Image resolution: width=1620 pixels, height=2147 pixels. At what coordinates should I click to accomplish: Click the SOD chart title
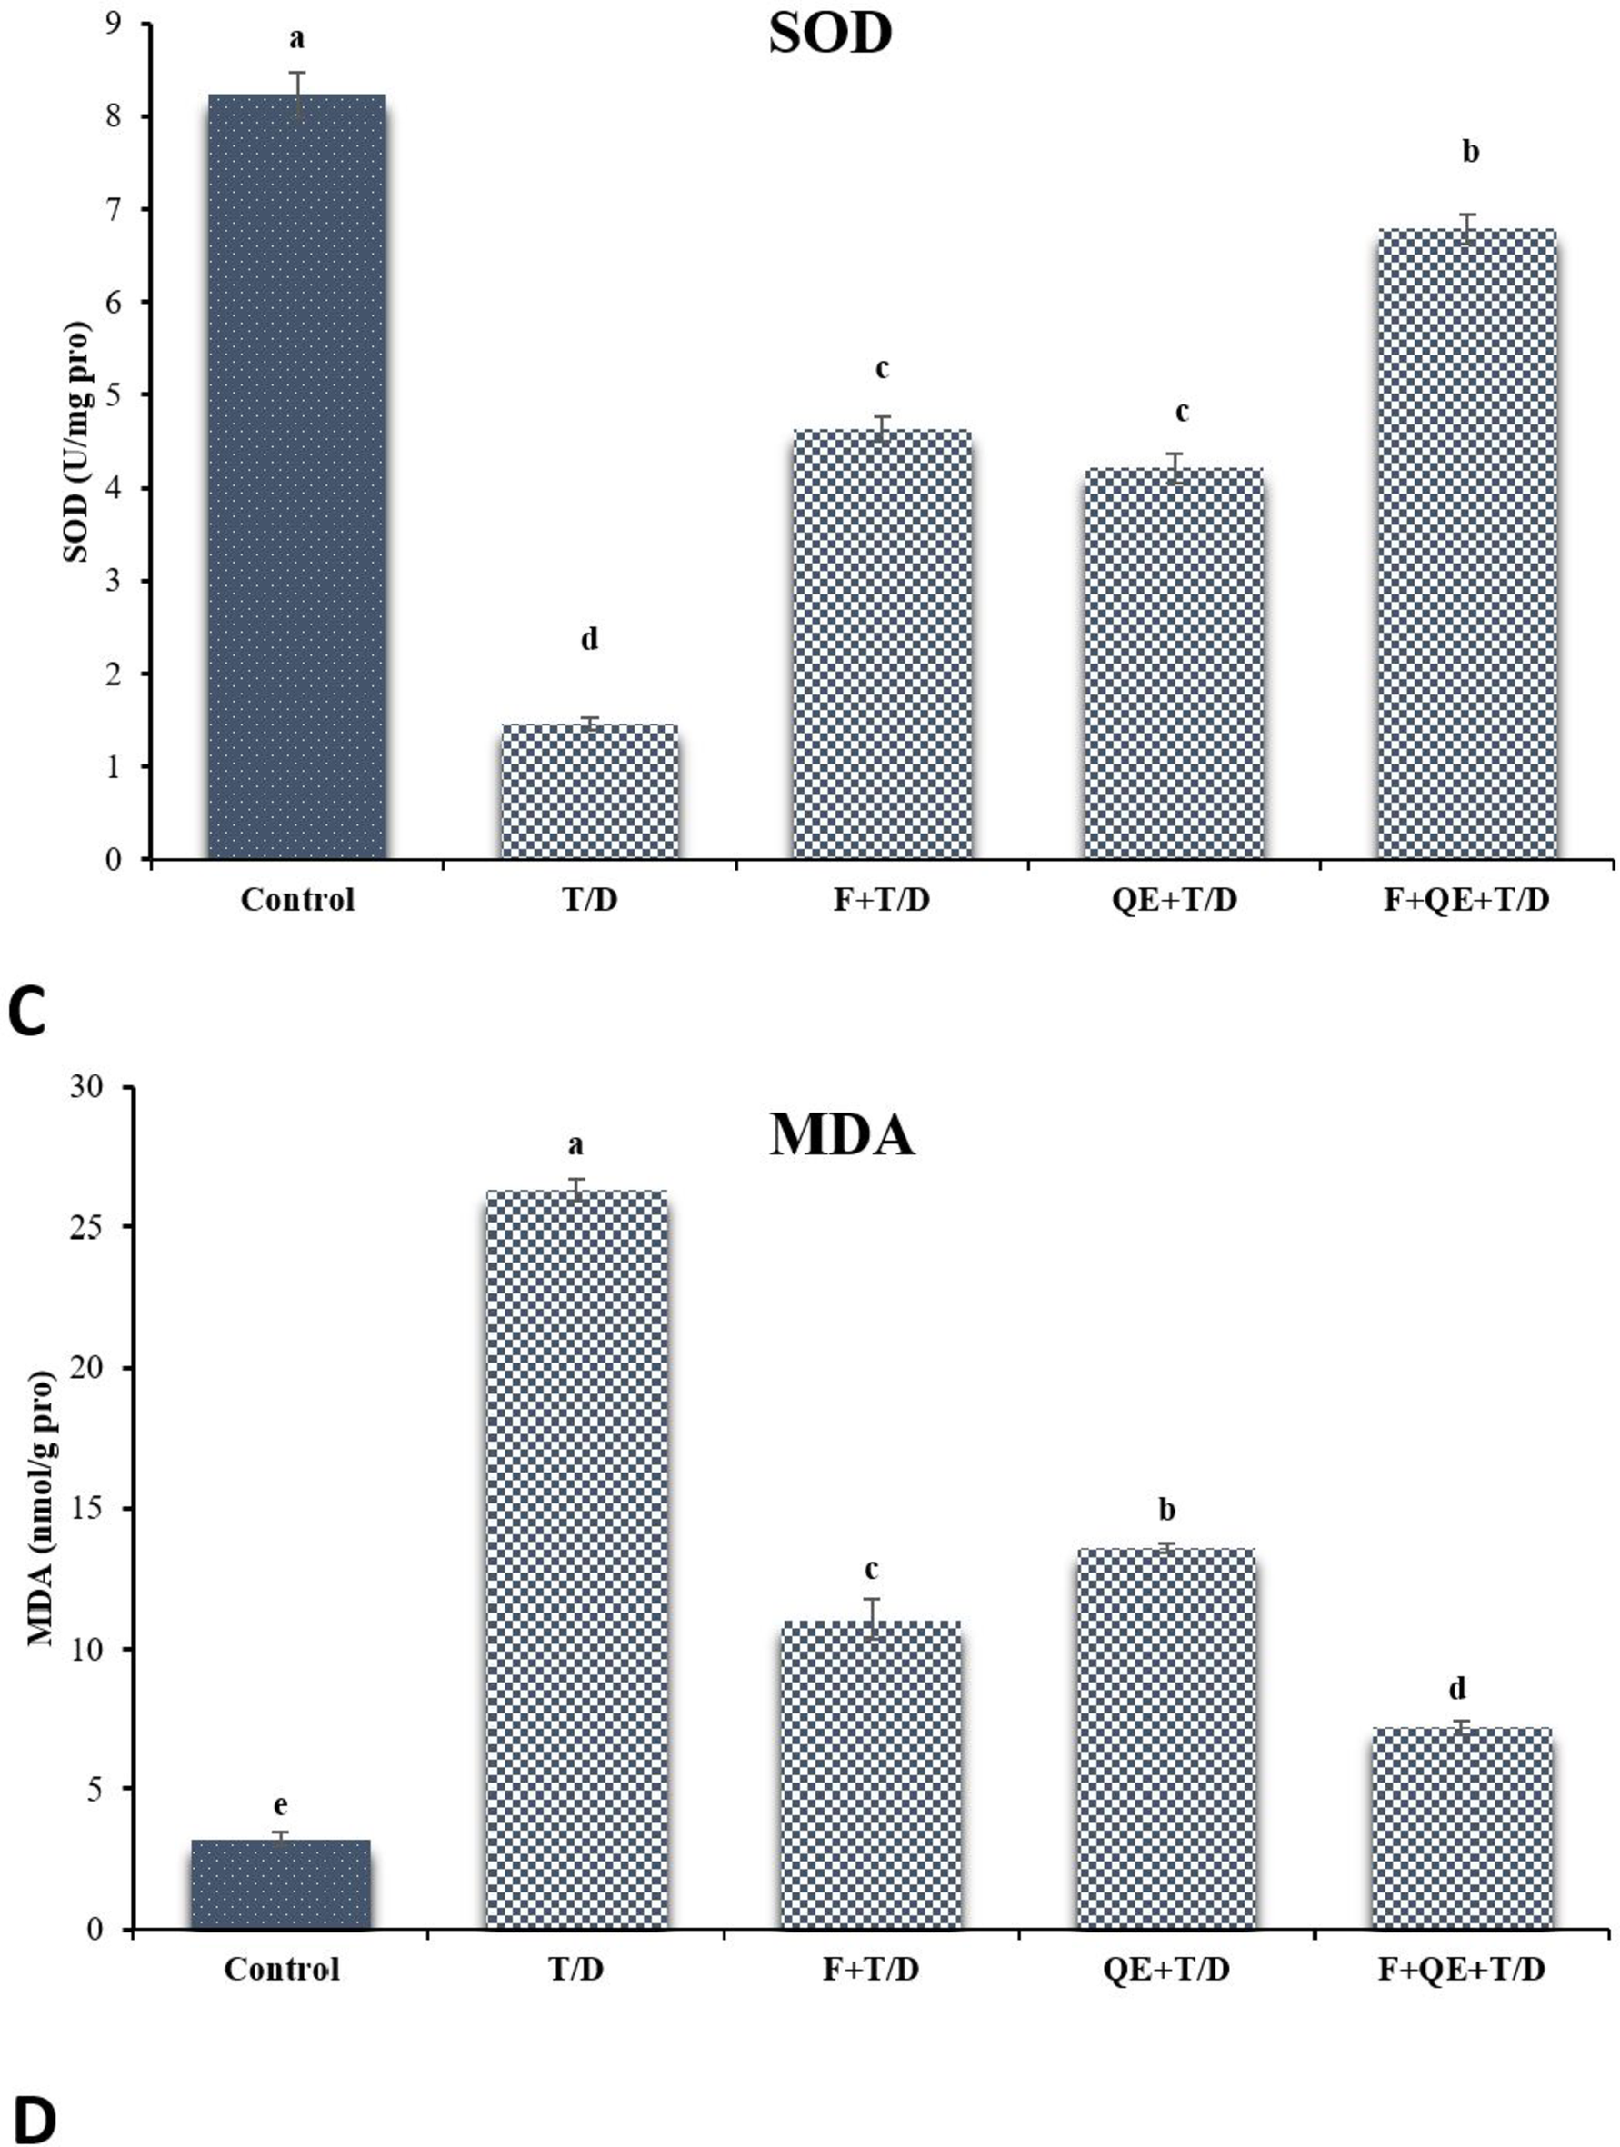tap(830, 35)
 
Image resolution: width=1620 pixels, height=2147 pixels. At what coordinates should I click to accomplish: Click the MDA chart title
tap(841, 1134)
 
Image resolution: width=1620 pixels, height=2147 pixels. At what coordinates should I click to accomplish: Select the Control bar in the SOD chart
tap(297, 475)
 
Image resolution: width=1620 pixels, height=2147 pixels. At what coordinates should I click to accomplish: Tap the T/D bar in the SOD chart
tap(589, 791)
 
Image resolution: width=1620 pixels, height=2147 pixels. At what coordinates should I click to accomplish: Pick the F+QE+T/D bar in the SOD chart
tap(1467, 544)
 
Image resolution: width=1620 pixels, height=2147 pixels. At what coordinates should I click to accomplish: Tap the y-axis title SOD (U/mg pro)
tap(76, 442)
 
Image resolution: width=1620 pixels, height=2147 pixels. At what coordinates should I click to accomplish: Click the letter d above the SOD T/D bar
tap(589, 640)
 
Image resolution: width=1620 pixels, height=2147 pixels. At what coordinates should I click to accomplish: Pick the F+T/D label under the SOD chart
tap(881, 900)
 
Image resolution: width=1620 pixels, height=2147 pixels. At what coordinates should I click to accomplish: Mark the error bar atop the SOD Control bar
tap(298, 95)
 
